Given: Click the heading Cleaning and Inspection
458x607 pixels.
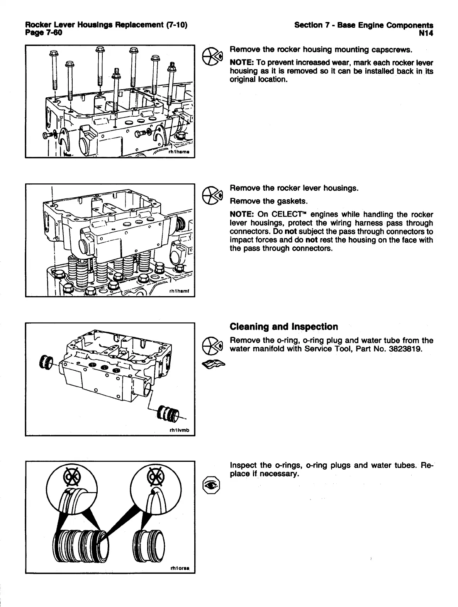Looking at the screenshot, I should [283, 327].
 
